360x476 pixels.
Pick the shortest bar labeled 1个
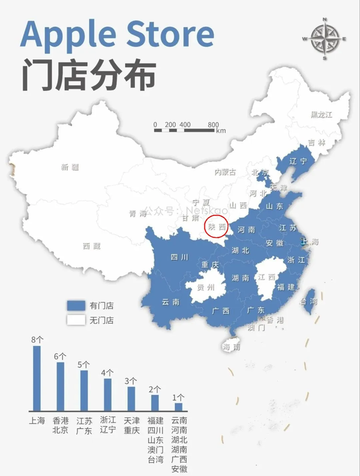tap(178, 406)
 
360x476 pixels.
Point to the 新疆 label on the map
tap(70, 167)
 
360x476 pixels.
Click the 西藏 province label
tap(92, 246)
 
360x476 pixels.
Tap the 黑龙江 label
tap(321, 115)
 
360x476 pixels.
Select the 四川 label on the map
tap(179, 258)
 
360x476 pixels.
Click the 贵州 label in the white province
tap(206, 288)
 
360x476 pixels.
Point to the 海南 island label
tap(232, 347)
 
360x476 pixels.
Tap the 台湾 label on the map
tap(309, 301)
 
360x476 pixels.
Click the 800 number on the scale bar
tap(213, 125)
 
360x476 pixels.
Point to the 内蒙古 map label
tap(226, 172)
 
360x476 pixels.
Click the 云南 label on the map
tap(170, 302)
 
